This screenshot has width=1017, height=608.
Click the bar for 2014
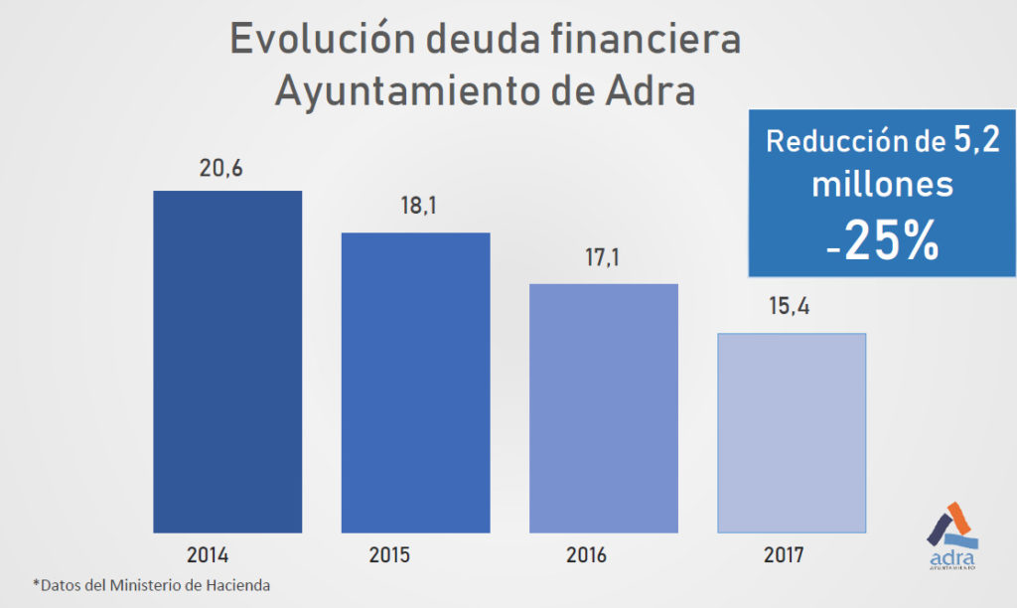[x=227, y=361]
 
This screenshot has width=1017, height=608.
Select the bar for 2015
[x=415, y=382]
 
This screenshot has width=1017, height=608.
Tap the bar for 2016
[x=603, y=407]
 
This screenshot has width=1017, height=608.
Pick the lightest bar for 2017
[x=792, y=432]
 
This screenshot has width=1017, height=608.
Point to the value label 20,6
[x=220, y=170]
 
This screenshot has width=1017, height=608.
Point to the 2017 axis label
[x=784, y=554]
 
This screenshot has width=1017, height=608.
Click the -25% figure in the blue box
[x=882, y=242]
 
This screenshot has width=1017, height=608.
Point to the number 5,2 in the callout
[x=976, y=141]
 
